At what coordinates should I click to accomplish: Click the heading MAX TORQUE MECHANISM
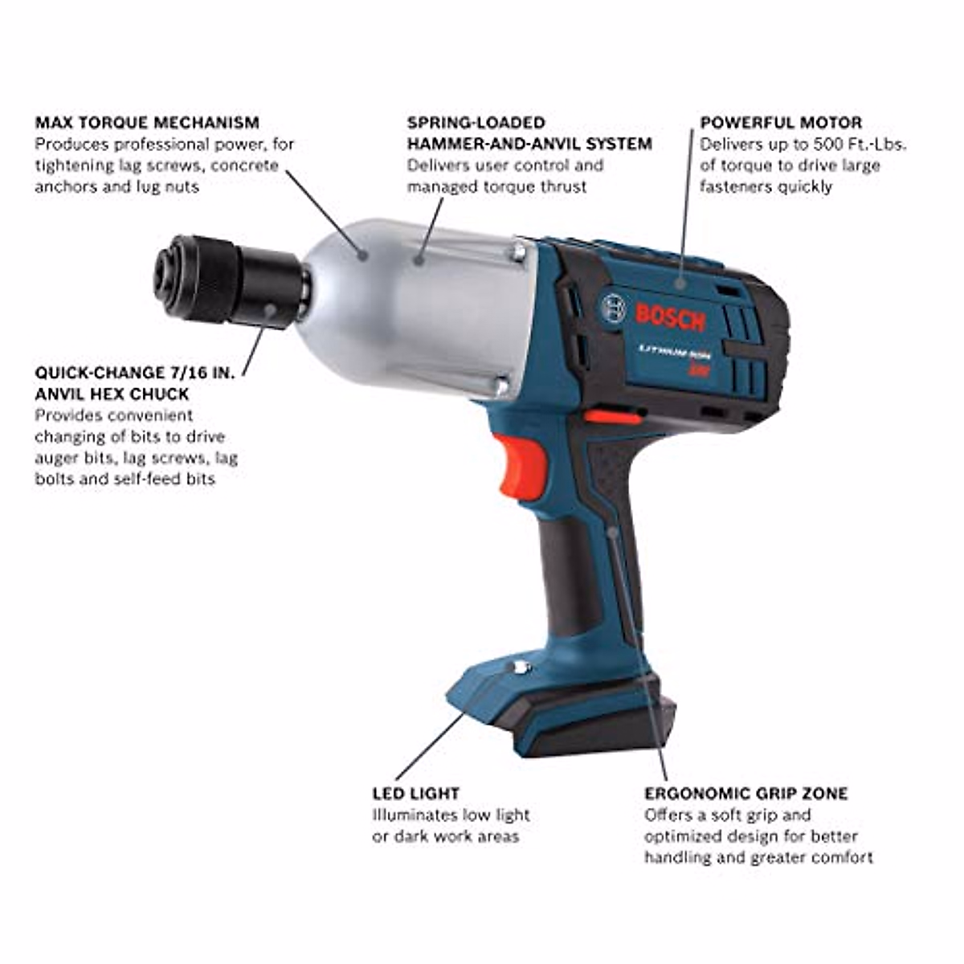pyautogui.click(x=147, y=123)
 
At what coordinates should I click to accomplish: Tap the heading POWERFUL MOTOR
pyautogui.click(x=781, y=123)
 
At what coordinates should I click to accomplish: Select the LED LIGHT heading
pyautogui.click(x=415, y=794)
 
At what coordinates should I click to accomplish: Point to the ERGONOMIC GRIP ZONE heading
pyautogui.click(x=745, y=794)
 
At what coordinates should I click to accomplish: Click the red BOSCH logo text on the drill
pyautogui.click(x=670, y=317)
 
